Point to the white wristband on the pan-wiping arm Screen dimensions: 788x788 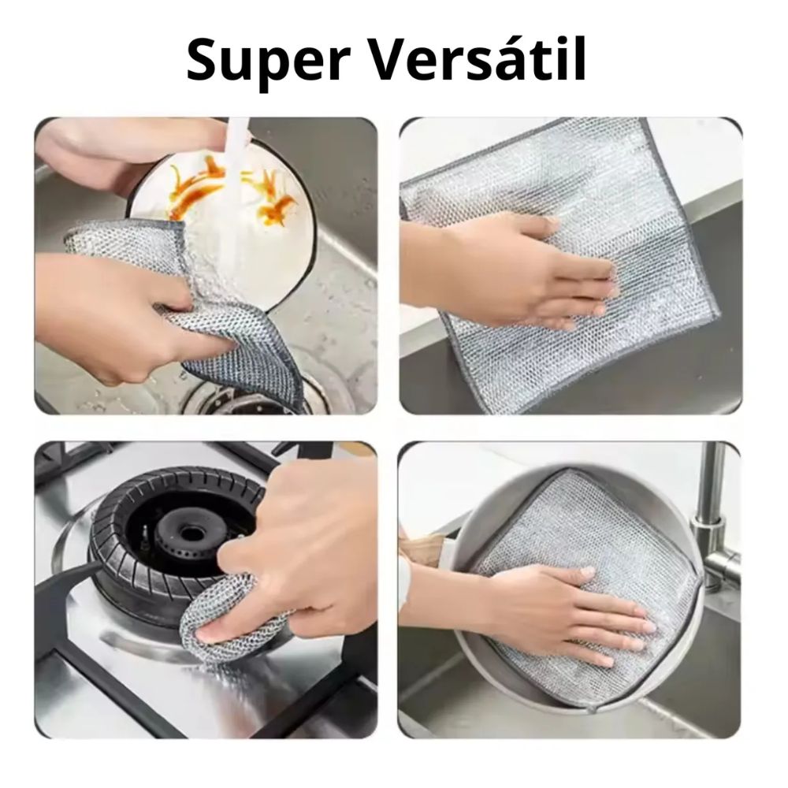click(x=405, y=578)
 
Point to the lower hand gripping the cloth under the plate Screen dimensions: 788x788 click(x=125, y=317)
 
